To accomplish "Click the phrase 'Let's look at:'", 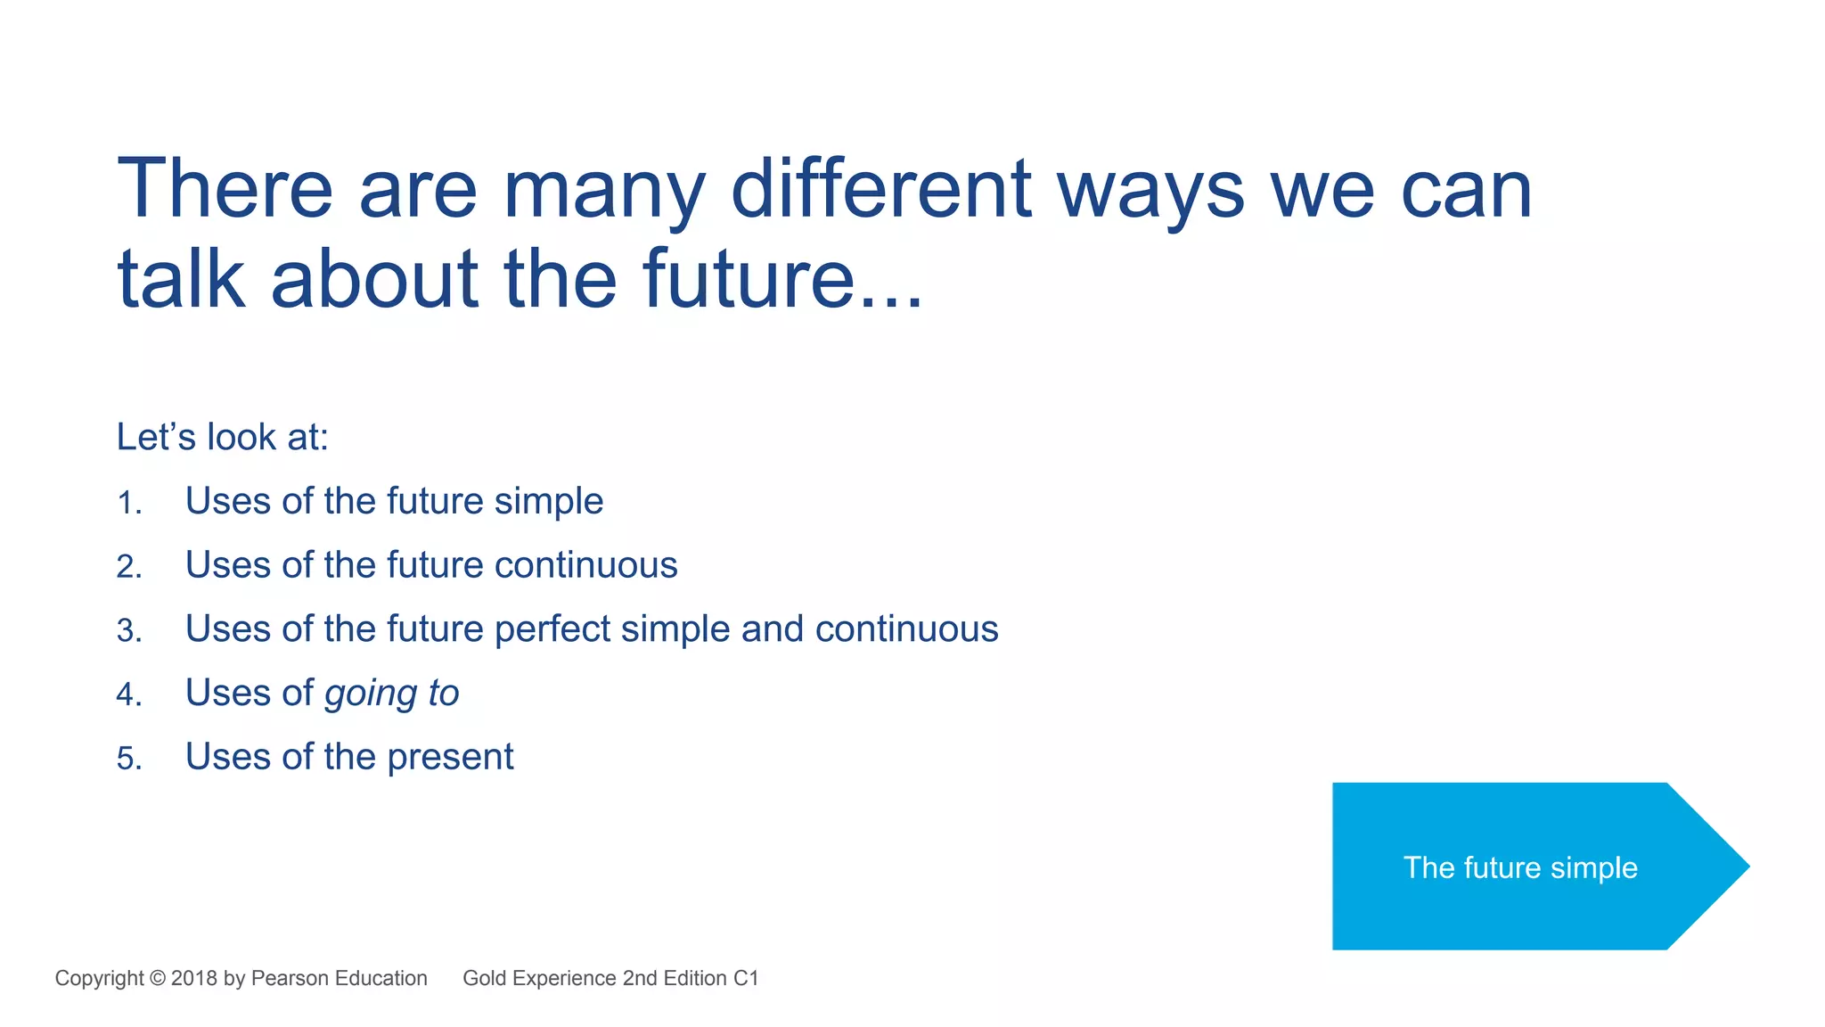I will [223, 438].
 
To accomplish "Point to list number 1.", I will [129, 503].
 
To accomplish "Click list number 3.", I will [129, 631].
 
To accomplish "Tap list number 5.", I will [129, 759].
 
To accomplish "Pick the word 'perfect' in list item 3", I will [552, 629].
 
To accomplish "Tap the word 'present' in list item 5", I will [450, 758].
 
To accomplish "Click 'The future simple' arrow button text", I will [1520, 867].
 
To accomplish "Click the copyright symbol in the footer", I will [158, 978].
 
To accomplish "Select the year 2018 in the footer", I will [193, 978].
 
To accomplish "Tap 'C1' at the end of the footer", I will [745, 978].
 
